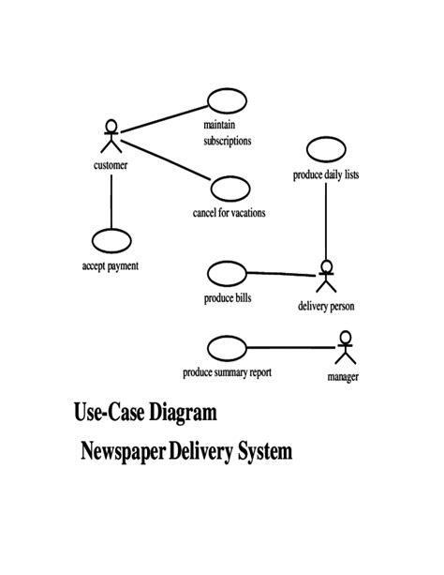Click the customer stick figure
tap(111, 137)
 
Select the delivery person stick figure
tap(326, 278)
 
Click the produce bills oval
tap(226, 274)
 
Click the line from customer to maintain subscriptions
tap(164, 116)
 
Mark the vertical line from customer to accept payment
tap(111, 199)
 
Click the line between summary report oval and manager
tap(290, 348)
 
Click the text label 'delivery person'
tap(326, 306)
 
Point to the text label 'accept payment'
tap(111, 266)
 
